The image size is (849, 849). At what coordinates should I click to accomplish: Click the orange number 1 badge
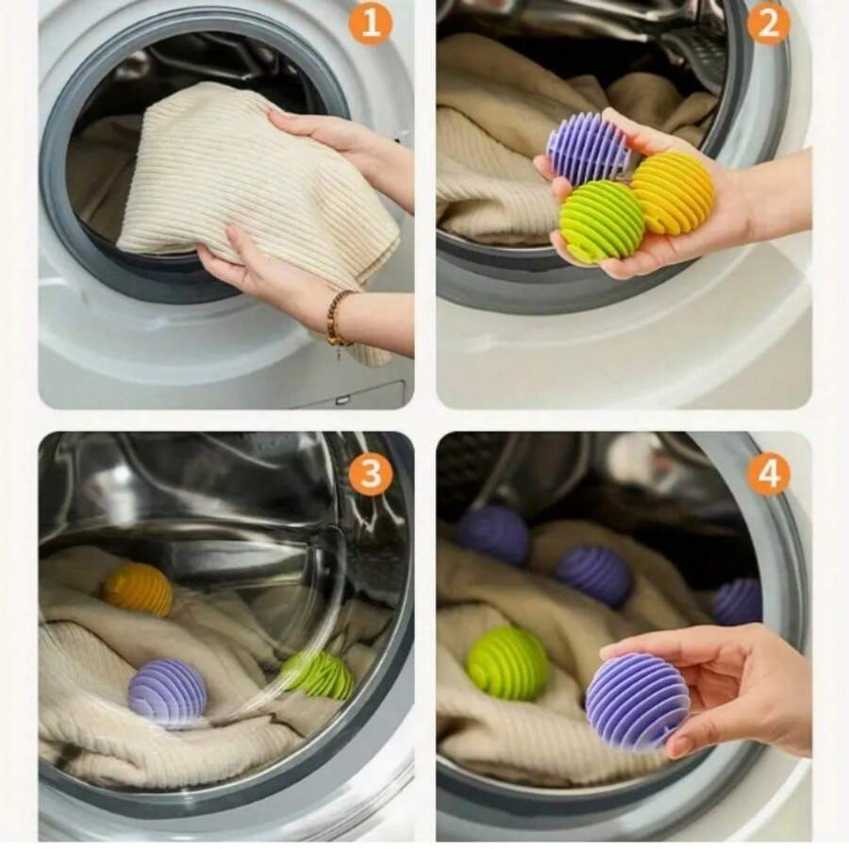click(370, 23)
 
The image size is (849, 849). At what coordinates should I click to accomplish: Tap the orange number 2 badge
click(768, 23)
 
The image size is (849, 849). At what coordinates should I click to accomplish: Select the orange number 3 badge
click(370, 474)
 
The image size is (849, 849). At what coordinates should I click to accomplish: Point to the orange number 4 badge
click(768, 474)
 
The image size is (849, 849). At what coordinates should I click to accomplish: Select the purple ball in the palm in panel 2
click(588, 149)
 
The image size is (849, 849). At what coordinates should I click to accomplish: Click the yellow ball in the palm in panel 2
click(672, 192)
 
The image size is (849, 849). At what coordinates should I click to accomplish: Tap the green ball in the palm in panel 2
click(601, 222)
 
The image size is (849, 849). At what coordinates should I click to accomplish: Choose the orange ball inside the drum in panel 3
click(138, 590)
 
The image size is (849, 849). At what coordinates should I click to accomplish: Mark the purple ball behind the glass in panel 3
click(167, 692)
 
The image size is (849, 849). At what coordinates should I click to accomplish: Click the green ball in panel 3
click(317, 675)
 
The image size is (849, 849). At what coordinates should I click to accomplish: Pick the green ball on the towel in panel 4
click(508, 663)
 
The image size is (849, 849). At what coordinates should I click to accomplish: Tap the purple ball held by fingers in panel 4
click(637, 701)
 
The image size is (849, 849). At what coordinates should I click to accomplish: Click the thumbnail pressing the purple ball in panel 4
click(681, 745)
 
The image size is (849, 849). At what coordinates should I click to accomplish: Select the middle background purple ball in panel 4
click(593, 575)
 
